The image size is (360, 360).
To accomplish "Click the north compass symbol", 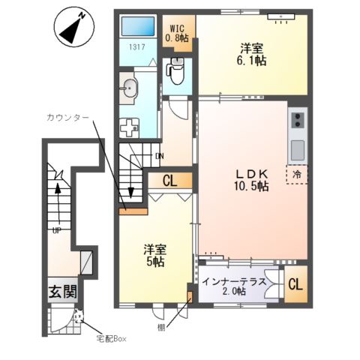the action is [x=74, y=27].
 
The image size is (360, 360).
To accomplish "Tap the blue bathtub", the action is [x=138, y=26].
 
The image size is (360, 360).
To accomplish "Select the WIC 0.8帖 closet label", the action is [x=177, y=33].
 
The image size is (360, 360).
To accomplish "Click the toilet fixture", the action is [x=177, y=70].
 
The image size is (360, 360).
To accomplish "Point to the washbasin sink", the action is [x=129, y=88].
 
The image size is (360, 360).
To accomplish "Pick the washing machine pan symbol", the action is [x=129, y=127].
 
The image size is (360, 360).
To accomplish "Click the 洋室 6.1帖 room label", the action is [x=251, y=54].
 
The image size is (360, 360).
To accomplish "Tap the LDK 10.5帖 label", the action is [x=251, y=180].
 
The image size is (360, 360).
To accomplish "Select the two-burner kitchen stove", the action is [x=298, y=120].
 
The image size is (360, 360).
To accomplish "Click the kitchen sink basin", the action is [x=298, y=150].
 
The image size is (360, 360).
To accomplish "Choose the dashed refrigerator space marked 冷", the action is [x=297, y=175].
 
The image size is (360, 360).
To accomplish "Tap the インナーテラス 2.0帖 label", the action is [x=234, y=286].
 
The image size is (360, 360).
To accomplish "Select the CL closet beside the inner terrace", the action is [x=295, y=284].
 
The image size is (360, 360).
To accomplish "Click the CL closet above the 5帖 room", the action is [x=170, y=181].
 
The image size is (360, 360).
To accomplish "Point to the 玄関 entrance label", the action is [x=63, y=291].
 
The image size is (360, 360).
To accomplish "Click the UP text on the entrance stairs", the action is [x=57, y=231].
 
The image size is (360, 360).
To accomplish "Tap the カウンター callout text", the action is [x=67, y=118].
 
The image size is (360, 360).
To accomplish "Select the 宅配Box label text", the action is [x=111, y=339].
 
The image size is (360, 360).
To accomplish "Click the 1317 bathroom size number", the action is [x=137, y=46].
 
